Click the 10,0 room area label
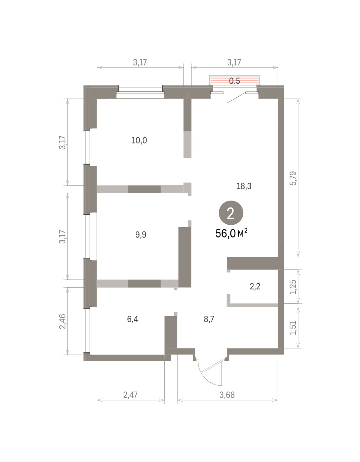coord(139,141)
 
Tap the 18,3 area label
coord(244,186)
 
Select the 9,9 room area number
coord(141,235)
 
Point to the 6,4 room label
coord(133,319)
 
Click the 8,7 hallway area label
coord(209,319)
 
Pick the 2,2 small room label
coord(255,286)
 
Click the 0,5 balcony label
coord(235,81)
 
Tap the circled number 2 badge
coord(231,213)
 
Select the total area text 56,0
coord(225,234)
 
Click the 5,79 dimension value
coord(293,178)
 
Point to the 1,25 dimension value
coord(293,287)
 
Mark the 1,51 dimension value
coord(293,328)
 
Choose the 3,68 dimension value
coord(227,395)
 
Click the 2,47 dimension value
coord(130,395)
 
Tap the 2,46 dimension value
coord(63,321)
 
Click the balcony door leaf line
coord(237,98)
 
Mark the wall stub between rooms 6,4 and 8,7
coord(171,332)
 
